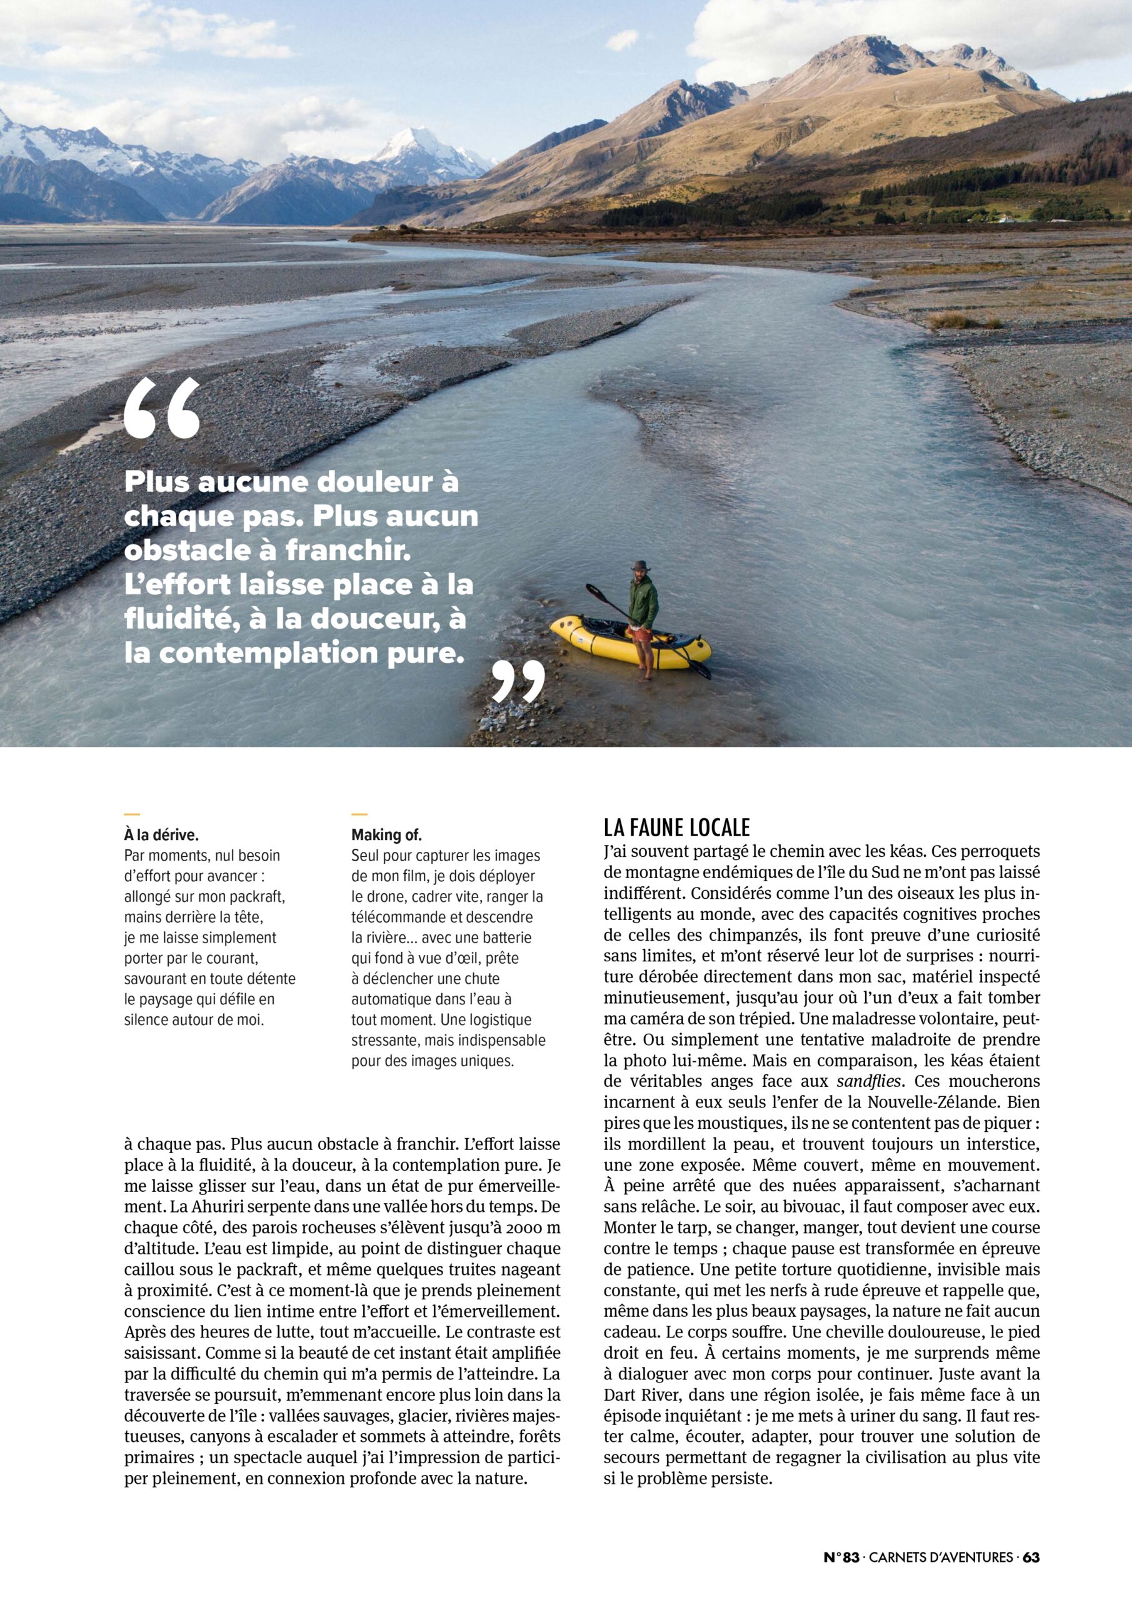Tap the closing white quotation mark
coord(518,681)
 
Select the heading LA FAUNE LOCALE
coord(676,827)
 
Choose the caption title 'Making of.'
coord(386,835)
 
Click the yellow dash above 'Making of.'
coord(359,813)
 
